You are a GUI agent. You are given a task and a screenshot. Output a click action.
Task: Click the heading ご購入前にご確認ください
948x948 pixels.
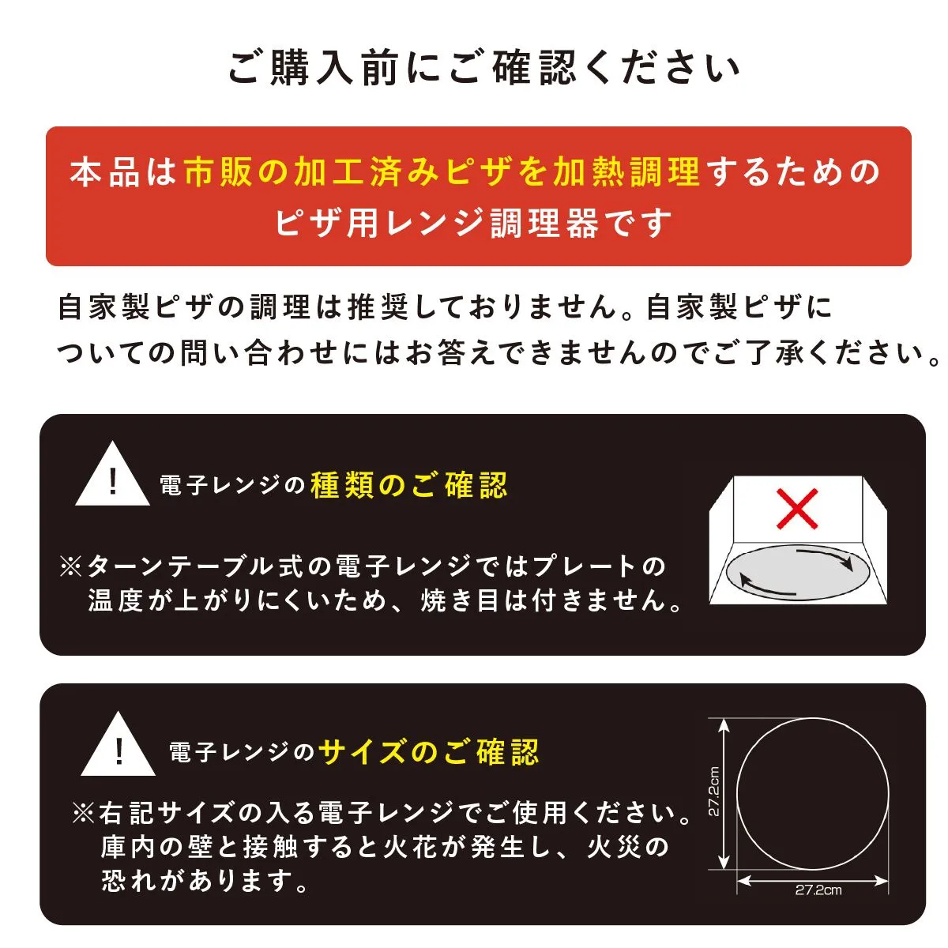484,69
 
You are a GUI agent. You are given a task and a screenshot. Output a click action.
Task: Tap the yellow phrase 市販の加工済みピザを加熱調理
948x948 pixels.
442,171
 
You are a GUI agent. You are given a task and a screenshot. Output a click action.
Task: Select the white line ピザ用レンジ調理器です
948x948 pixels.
473,223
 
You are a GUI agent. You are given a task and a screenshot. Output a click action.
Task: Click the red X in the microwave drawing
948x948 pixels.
797,509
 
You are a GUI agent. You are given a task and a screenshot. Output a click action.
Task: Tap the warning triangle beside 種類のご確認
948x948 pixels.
113,474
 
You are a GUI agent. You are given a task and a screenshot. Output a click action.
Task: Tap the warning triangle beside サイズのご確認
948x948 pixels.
118,744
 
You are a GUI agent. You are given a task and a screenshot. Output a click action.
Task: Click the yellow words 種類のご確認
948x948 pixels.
408,486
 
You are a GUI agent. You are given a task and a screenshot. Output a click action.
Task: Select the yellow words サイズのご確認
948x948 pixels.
428,752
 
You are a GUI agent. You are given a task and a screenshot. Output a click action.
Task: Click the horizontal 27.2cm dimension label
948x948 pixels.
818,890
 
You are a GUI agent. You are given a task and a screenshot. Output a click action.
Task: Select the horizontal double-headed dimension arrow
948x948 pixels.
813,880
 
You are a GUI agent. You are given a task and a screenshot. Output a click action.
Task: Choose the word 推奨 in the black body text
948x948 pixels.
378,307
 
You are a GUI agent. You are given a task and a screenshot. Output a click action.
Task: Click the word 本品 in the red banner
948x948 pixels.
105,172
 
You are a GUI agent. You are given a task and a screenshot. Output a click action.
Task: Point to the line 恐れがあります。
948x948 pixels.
204,881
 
